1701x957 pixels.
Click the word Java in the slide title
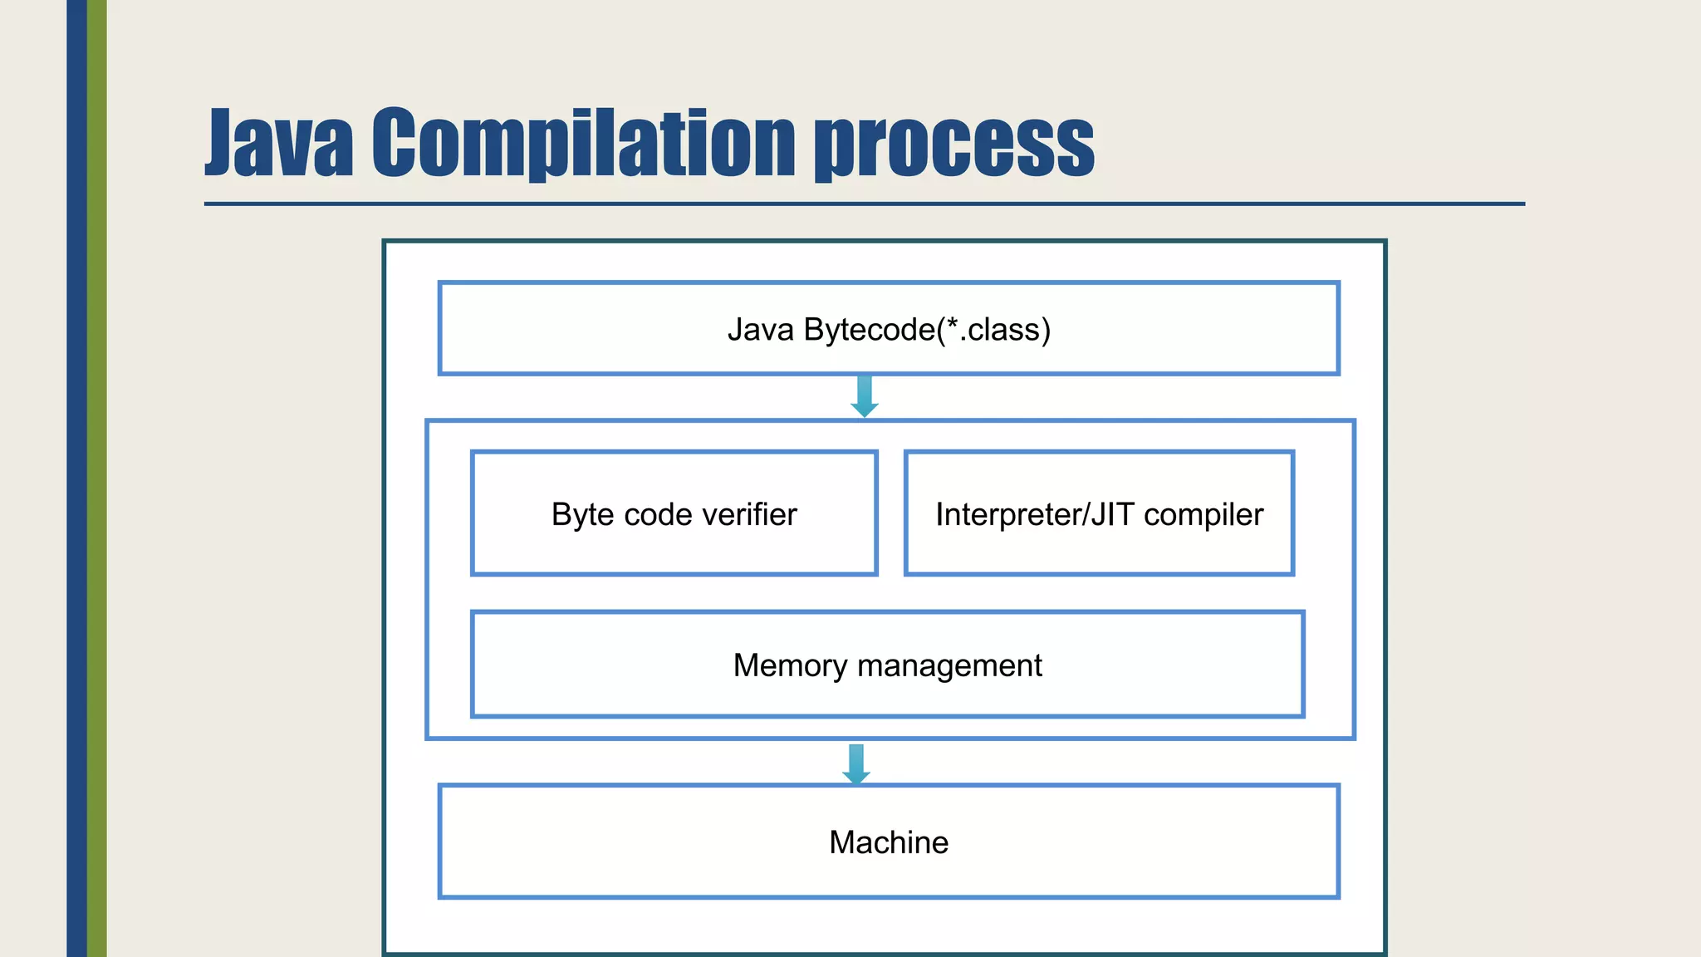(x=279, y=143)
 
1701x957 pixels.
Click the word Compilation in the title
(x=584, y=143)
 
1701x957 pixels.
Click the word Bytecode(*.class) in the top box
(x=926, y=330)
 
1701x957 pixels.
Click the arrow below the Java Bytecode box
(x=864, y=396)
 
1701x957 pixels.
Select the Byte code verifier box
(x=674, y=548)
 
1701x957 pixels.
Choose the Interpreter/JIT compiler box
(x=1098, y=548)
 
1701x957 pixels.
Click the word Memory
(x=790, y=665)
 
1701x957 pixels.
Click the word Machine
(x=889, y=842)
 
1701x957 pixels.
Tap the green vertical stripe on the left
(x=97, y=478)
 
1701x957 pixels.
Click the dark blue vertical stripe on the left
(x=76, y=478)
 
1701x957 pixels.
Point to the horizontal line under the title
(x=864, y=204)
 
